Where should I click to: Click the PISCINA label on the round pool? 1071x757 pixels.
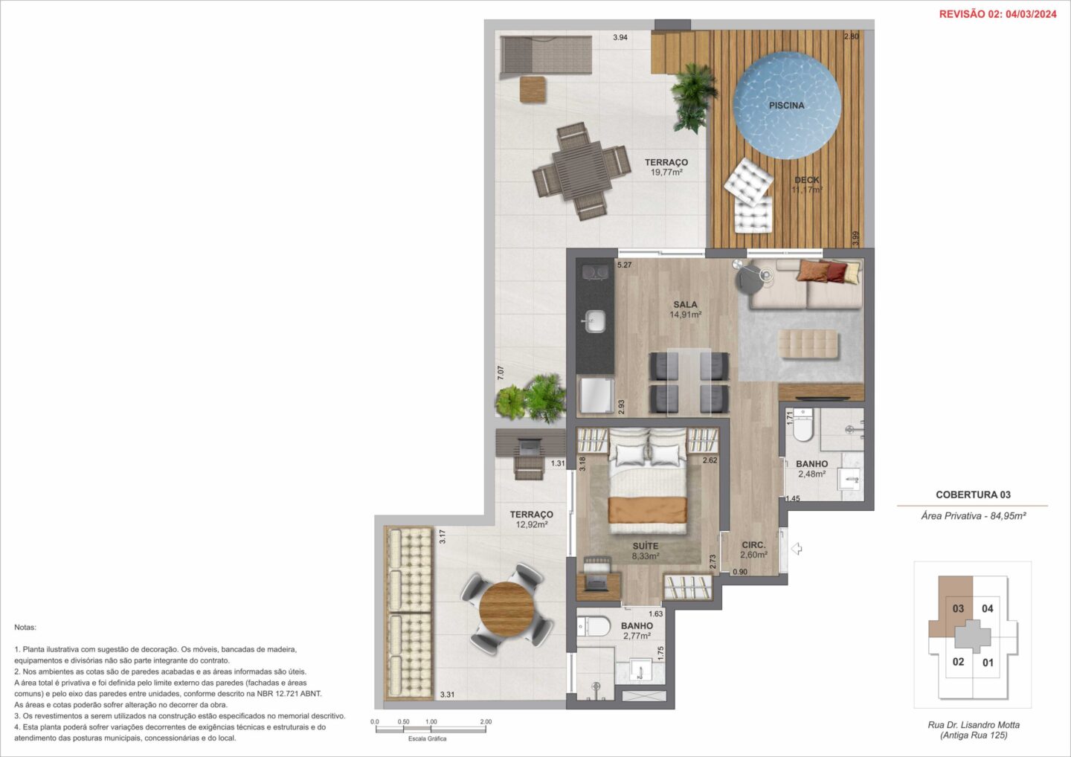pos(787,105)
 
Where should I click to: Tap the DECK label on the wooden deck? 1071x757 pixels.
pos(806,180)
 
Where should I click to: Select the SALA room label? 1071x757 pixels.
pos(685,304)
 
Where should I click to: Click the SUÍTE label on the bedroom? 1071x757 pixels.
pos(646,546)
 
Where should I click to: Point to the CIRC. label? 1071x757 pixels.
pos(753,545)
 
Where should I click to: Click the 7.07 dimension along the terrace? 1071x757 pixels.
pos(501,373)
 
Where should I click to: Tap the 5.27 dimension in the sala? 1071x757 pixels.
pos(625,265)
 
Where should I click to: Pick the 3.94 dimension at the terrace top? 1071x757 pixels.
pos(620,37)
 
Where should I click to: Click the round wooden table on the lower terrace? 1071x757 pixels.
pos(506,609)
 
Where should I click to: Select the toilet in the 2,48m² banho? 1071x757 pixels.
pos(803,426)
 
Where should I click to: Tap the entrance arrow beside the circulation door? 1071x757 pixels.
pos(797,549)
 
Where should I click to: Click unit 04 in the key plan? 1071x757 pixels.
pos(988,608)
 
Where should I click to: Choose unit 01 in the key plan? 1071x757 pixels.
pos(988,663)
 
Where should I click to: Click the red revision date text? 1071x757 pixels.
pos(998,14)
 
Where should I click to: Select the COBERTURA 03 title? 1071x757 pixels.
pos(973,495)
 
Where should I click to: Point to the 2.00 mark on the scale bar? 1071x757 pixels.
pos(486,721)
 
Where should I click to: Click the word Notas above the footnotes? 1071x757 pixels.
pos(25,627)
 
